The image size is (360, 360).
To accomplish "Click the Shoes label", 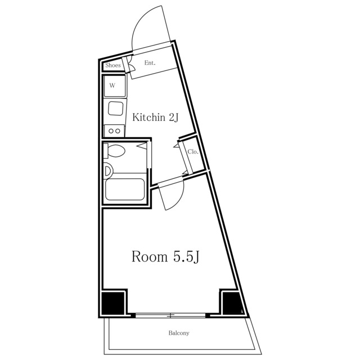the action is [x=113, y=65].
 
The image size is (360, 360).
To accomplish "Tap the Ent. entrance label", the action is [x=150, y=62].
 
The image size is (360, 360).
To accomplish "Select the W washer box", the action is [x=115, y=86].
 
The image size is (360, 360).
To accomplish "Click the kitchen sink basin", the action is [x=115, y=109].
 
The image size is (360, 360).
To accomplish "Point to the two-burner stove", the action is [x=114, y=131].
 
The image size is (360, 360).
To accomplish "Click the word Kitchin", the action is [x=148, y=118].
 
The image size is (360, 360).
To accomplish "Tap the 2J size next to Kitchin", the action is [x=174, y=118].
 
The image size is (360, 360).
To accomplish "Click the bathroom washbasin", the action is [x=108, y=171].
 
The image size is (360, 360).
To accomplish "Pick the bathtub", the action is [x=125, y=190].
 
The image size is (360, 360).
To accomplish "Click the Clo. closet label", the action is [x=192, y=152].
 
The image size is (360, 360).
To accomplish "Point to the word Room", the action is [x=150, y=256].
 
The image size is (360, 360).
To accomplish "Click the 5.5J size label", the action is [x=186, y=257].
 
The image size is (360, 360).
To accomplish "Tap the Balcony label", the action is [x=179, y=333].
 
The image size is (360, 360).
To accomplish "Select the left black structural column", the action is [x=113, y=303].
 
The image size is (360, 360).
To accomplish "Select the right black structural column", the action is [x=232, y=303].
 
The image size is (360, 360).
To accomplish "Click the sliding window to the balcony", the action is [x=170, y=315].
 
